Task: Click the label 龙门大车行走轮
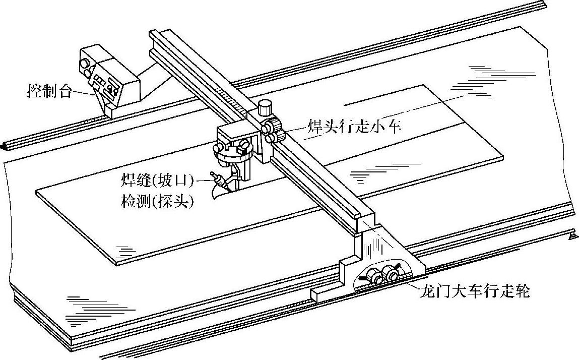[474, 291]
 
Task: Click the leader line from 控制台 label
[83, 93]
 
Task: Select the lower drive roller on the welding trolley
[271, 138]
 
